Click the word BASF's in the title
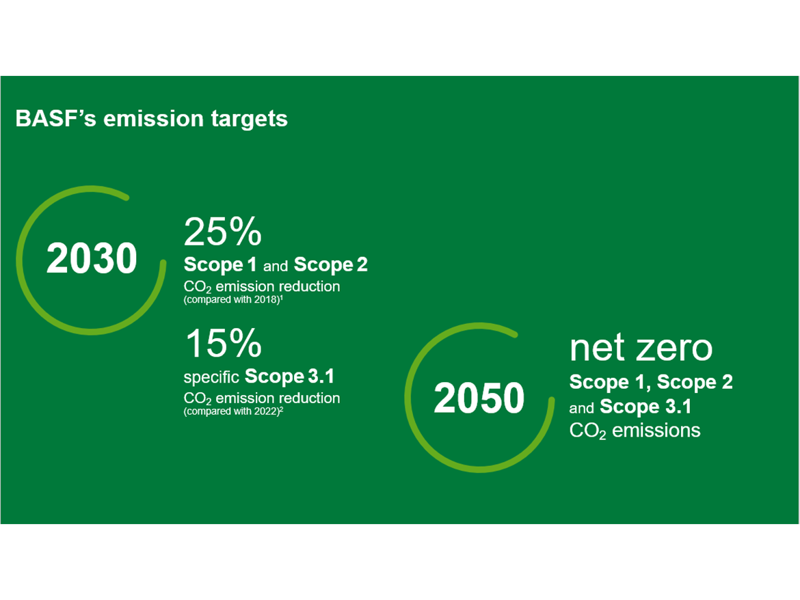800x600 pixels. pos(55,118)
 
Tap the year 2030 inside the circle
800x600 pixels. pos(92,258)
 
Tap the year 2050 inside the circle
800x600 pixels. pos(479,398)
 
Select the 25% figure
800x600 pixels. pos(222,232)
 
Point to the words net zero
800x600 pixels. pos(641,348)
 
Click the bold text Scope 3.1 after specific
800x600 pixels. pos(289,377)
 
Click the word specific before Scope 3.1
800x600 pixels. pos(211,377)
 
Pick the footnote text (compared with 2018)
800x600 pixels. pos(233,300)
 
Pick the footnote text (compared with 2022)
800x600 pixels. pos(233,411)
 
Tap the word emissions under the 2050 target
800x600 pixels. pos(656,431)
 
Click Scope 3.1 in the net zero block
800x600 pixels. pos(645,407)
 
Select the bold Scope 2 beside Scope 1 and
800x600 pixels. pos(331,264)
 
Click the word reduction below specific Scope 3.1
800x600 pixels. pos(310,398)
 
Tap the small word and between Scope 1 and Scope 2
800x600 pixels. pos(276,266)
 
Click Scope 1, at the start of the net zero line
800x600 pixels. pos(610,382)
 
